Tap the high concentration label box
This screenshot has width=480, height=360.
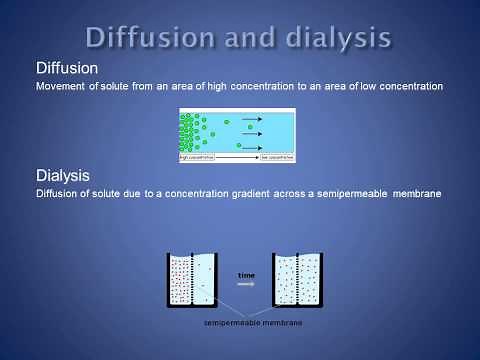(198, 157)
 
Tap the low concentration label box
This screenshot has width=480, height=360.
(278, 157)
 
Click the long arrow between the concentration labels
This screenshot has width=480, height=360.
(238, 157)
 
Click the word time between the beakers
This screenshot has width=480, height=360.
(246, 273)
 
